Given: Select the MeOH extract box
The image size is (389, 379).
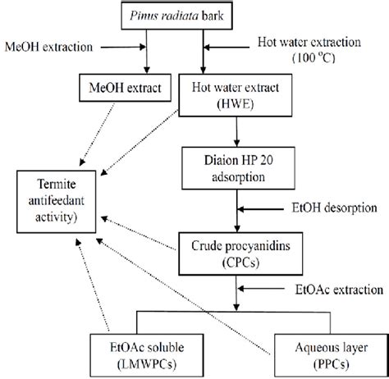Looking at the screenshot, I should pos(119,84).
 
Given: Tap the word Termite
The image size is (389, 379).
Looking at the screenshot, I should pos(56,185).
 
